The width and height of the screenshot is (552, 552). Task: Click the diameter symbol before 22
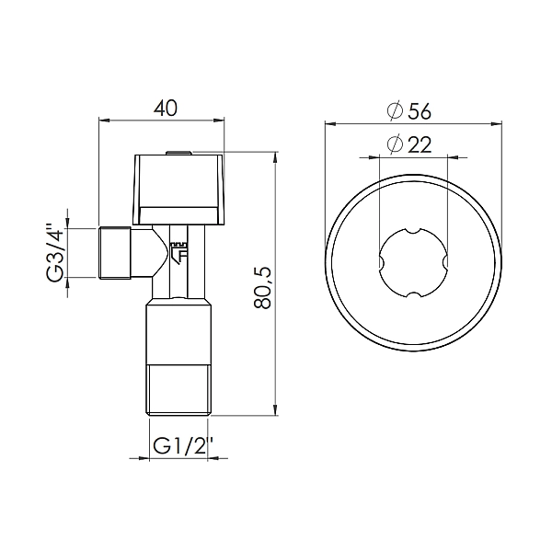click(395, 145)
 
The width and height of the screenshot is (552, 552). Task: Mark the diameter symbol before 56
click(395, 111)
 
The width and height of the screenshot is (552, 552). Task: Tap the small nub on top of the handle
click(178, 152)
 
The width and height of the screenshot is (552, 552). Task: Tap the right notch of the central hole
click(444, 263)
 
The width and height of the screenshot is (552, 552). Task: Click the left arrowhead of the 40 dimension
click(102, 120)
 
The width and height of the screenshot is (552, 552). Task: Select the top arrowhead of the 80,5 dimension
click(277, 158)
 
